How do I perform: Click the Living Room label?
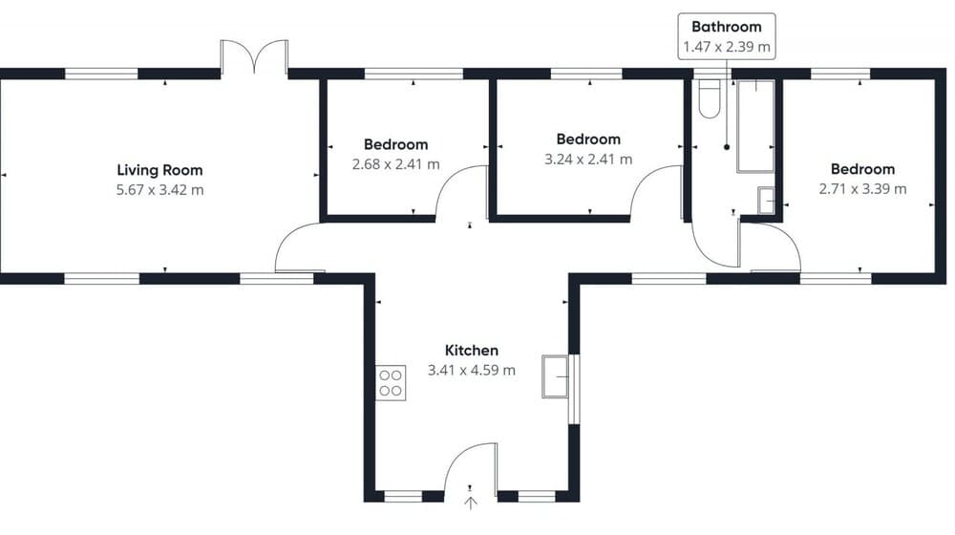[159, 170]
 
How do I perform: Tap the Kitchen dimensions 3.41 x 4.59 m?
[472, 370]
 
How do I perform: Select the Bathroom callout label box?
[727, 36]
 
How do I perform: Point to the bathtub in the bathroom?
[755, 126]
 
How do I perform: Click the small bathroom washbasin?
[766, 201]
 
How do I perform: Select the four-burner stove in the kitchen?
[391, 383]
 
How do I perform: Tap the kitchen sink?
[555, 376]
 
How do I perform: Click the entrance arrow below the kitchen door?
[471, 503]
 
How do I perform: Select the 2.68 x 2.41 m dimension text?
[396, 164]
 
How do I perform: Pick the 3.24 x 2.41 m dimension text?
[588, 159]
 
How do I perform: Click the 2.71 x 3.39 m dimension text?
[862, 189]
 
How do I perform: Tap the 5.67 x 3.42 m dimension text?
[159, 189]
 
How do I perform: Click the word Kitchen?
[472, 351]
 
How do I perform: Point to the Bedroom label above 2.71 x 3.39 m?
[862, 169]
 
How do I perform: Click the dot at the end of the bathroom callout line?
[727, 147]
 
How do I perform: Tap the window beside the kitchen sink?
[573, 389]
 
